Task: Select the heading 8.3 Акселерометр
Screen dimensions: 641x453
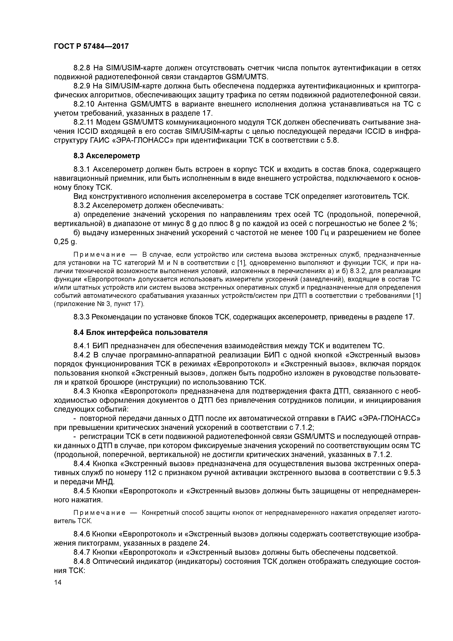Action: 107,156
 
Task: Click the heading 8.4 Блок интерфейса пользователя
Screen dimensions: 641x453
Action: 141,333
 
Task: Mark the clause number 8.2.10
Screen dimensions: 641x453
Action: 84,104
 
